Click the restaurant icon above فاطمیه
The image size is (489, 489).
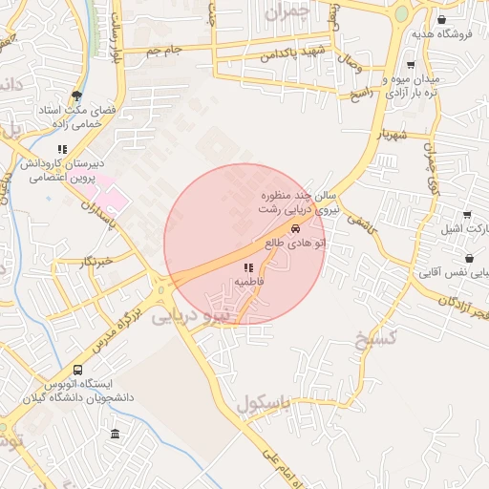pos(248,267)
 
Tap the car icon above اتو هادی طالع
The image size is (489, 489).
pos(295,229)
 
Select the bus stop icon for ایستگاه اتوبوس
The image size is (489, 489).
pos(77,370)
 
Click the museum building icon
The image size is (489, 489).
pos(116,435)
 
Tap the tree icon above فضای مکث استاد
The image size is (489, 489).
pos(76,96)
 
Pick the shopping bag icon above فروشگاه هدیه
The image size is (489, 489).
pos(440,19)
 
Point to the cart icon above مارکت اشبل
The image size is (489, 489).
pos(466,216)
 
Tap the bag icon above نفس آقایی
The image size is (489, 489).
pos(469,258)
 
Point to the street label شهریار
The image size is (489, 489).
pos(392,136)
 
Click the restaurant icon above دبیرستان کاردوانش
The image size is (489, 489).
pos(62,149)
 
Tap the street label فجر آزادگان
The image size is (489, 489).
pos(462,308)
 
